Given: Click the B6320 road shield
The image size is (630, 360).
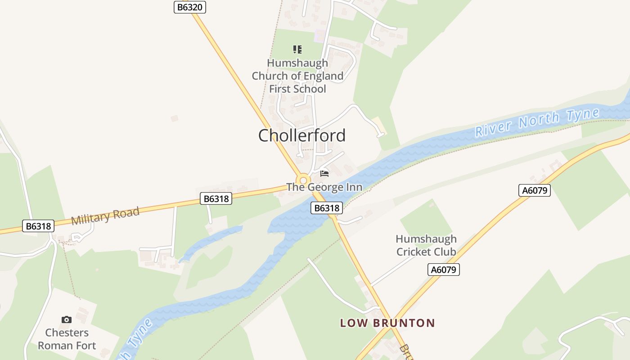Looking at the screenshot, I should pyautogui.click(x=189, y=7).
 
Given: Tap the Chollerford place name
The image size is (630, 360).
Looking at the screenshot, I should pyautogui.click(x=302, y=135).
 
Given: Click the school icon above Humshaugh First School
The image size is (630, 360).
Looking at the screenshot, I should pyautogui.click(x=297, y=49).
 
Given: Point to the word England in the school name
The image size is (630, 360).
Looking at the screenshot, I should pyautogui.click(x=321, y=76).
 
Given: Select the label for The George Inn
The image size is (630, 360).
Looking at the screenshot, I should pyautogui.click(x=324, y=187).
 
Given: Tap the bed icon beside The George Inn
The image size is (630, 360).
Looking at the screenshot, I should pyautogui.click(x=324, y=173).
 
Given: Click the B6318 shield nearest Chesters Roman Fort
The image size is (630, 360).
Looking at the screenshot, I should pyautogui.click(x=38, y=226).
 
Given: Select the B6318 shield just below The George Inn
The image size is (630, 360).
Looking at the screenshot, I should pyautogui.click(x=327, y=208).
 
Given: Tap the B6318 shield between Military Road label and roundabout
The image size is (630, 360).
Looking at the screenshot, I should pyautogui.click(x=216, y=198).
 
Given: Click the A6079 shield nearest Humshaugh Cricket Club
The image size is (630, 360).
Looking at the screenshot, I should pyautogui.click(x=443, y=270).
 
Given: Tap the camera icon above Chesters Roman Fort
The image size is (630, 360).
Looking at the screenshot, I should pyautogui.click(x=67, y=319).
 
